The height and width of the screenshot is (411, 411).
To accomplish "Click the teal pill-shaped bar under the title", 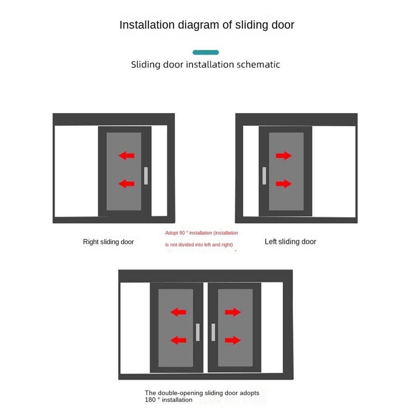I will tap(205, 52).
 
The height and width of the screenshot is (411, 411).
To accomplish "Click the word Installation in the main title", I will tap(147, 25).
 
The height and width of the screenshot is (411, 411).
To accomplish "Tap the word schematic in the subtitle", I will tap(259, 65).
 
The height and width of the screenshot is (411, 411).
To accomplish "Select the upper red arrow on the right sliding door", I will tap(126, 155).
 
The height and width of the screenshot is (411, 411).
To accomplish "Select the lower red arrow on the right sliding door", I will tap(126, 183).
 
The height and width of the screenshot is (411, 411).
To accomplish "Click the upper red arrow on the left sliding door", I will tap(284, 155).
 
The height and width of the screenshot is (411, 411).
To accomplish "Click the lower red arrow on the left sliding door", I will tap(284, 183).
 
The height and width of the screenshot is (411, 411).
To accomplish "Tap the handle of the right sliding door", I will tap(145, 175).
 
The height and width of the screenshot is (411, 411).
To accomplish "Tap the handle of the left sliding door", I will tap(264, 175).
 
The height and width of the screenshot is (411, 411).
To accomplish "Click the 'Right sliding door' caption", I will tap(109, 242).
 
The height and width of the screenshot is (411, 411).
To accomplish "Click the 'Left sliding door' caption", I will tap(290, 242).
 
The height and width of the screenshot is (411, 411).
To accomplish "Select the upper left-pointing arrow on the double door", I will tap(178, 312).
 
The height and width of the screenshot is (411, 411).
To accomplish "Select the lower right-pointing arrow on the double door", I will tap(233, 340).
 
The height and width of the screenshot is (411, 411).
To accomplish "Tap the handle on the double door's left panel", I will tap(198, 332).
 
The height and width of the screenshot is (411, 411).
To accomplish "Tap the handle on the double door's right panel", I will tap(213, 332).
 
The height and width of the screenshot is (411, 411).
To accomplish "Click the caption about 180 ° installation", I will tap(201, 396).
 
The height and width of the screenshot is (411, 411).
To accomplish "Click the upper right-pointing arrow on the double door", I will tap(233, 312).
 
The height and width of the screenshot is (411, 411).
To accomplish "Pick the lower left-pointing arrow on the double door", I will tap(178, 340).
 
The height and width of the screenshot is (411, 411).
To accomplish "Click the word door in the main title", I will tap(282, 25).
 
